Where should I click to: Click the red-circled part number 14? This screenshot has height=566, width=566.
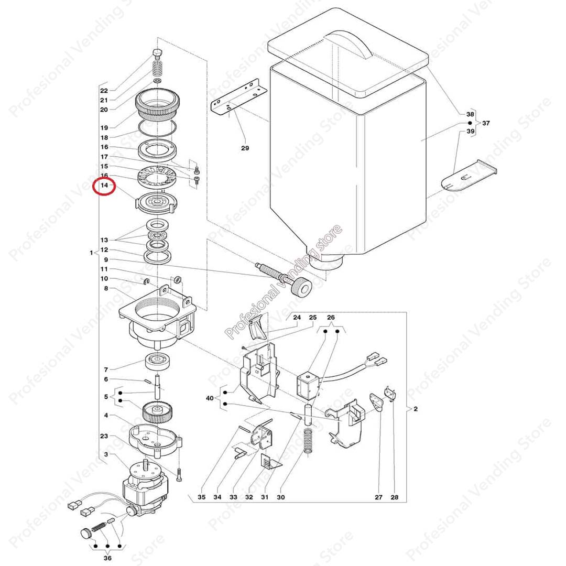pos(104,186)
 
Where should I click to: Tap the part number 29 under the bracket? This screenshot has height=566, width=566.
pos(245,148)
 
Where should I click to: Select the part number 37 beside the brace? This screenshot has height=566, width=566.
pos(486,123)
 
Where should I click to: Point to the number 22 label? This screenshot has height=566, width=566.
pos(104,90)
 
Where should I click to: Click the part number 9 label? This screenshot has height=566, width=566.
pos(105,259)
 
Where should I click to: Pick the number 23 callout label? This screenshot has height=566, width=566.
pos(104,436)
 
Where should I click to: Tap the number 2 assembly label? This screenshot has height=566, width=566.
pos(415,409)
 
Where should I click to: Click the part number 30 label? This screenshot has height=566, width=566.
pos(280,497)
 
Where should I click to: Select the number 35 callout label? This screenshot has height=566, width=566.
pos(202,497)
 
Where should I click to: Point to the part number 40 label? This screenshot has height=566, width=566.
pos(210,398)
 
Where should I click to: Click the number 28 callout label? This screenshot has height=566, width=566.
pos(394,497)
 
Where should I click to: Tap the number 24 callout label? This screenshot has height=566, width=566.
pos(297,318)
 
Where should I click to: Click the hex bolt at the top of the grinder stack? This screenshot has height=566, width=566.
pos(157,53)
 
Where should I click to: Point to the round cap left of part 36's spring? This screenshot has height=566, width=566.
pos(84,533)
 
